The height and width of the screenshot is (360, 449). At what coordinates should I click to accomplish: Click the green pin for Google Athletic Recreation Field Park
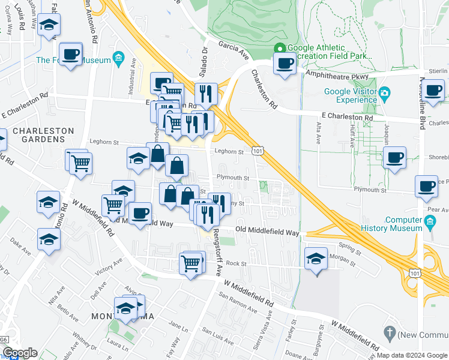click(279, 49)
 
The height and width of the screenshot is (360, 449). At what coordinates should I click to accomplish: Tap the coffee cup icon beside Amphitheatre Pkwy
click(284, 63)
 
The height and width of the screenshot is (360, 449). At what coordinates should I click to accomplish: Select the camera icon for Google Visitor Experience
click(384, 92)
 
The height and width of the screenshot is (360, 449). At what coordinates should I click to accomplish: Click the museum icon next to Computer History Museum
click(429, 223)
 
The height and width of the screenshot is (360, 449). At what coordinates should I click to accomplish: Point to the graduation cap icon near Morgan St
click(316, 259)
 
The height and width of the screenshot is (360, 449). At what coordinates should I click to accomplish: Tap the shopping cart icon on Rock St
click(190, 263)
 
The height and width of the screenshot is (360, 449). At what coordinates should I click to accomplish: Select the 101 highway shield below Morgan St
click(415, 274)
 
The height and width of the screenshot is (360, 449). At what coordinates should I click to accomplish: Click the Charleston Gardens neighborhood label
click(43, 135)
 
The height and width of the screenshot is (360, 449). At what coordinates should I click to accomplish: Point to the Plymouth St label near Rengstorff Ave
click(233, 178)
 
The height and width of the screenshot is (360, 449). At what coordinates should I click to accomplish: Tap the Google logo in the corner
click(20, 353)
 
